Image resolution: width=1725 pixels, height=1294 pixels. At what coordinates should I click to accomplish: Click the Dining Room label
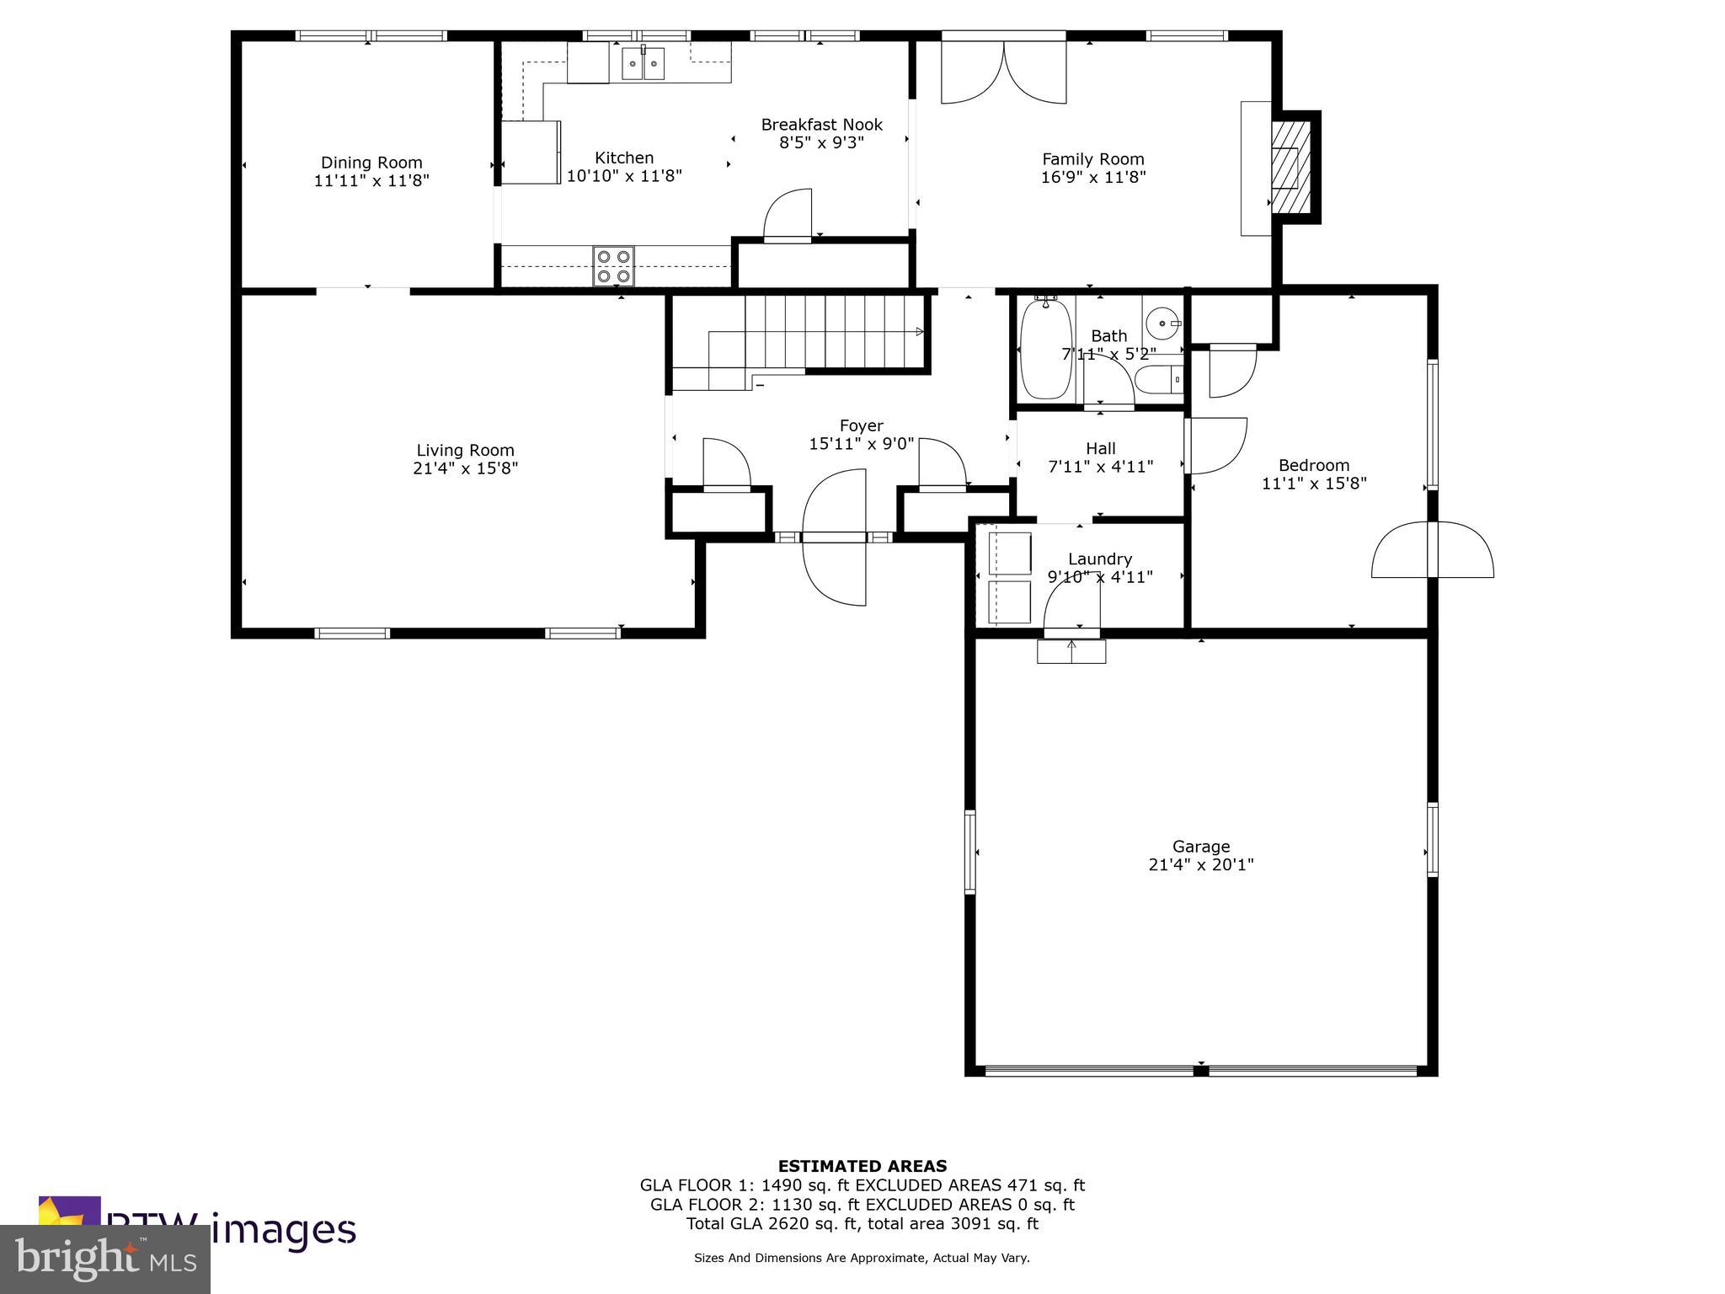(371, 163)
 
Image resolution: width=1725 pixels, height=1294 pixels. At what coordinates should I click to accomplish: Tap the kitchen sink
(643, 63)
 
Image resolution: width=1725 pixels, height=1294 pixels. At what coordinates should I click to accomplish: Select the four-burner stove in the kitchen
(613, 266)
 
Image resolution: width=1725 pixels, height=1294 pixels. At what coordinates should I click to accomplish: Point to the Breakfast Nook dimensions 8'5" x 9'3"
(821, 143)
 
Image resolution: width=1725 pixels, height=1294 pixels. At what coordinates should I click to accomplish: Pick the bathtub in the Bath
(1046, 348)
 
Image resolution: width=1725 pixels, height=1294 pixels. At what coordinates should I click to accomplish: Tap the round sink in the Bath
(1164, 323)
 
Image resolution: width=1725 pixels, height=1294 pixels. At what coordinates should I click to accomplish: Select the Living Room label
(465, 451)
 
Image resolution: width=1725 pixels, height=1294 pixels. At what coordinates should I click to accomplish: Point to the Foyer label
(861, 426)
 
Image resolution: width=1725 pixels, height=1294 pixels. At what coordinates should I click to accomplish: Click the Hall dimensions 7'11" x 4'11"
(1100, 467)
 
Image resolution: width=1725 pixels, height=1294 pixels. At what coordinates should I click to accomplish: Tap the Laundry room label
(1099, 559)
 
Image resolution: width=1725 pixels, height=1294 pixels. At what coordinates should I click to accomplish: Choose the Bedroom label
(1313, 465)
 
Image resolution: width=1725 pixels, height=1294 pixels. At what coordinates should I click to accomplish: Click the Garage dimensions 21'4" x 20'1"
(1200, 864)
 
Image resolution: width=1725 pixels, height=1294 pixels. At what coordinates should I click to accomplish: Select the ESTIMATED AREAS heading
(862, 1166)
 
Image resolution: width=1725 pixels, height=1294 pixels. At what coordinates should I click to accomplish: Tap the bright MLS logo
(105, 1259)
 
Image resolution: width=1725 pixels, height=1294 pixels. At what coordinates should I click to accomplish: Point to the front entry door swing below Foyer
(834, 539)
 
